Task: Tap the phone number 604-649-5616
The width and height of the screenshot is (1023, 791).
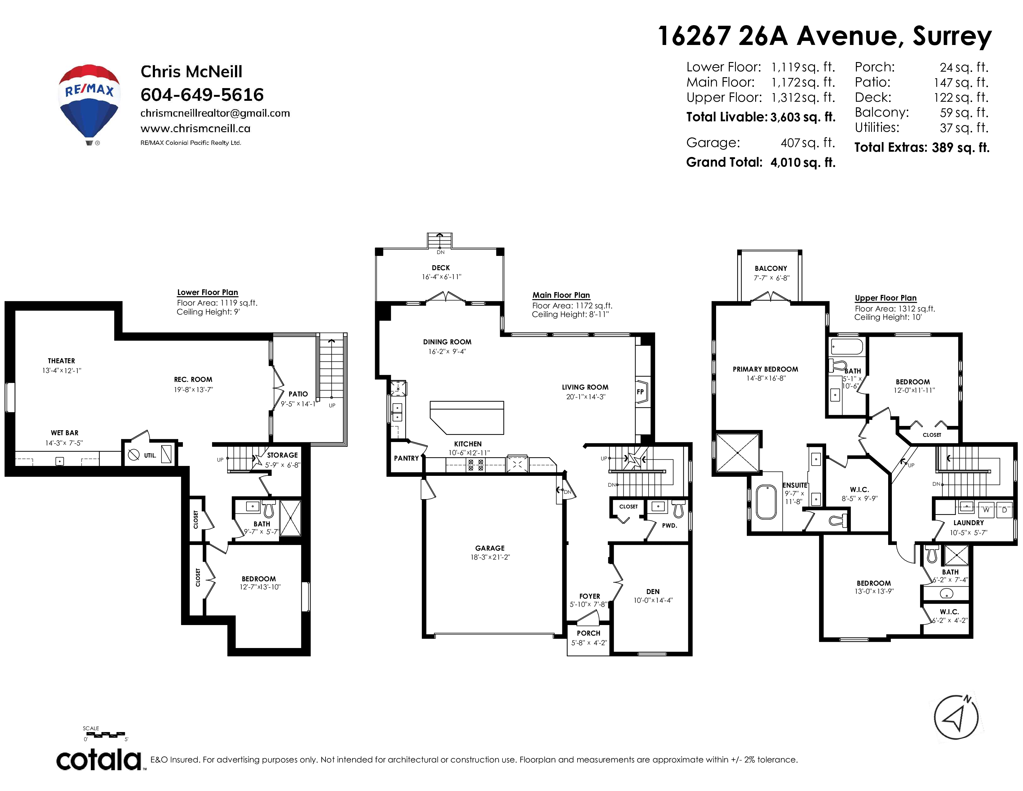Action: pos(202,95)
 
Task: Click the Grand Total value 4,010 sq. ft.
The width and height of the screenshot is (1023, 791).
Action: pos(803,163)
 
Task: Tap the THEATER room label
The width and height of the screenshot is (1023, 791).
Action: pos(61,361)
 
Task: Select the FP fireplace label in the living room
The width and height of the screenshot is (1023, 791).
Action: pos(640,392)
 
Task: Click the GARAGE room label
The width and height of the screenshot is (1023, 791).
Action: pos(490,548)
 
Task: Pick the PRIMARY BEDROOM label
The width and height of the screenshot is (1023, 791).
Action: pos(765,369)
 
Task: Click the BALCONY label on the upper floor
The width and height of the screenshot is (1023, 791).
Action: pos(771,269)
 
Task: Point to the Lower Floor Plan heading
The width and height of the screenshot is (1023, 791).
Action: pos(207,293)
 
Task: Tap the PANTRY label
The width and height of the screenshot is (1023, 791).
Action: pos(406,458)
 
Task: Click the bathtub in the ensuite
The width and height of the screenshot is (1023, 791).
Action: pos(766,501)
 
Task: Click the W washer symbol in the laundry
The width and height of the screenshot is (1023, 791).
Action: pos(986,510)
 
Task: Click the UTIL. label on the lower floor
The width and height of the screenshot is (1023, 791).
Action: pos(150,455)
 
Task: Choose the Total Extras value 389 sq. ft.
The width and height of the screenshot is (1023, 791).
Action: pos(961,148)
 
